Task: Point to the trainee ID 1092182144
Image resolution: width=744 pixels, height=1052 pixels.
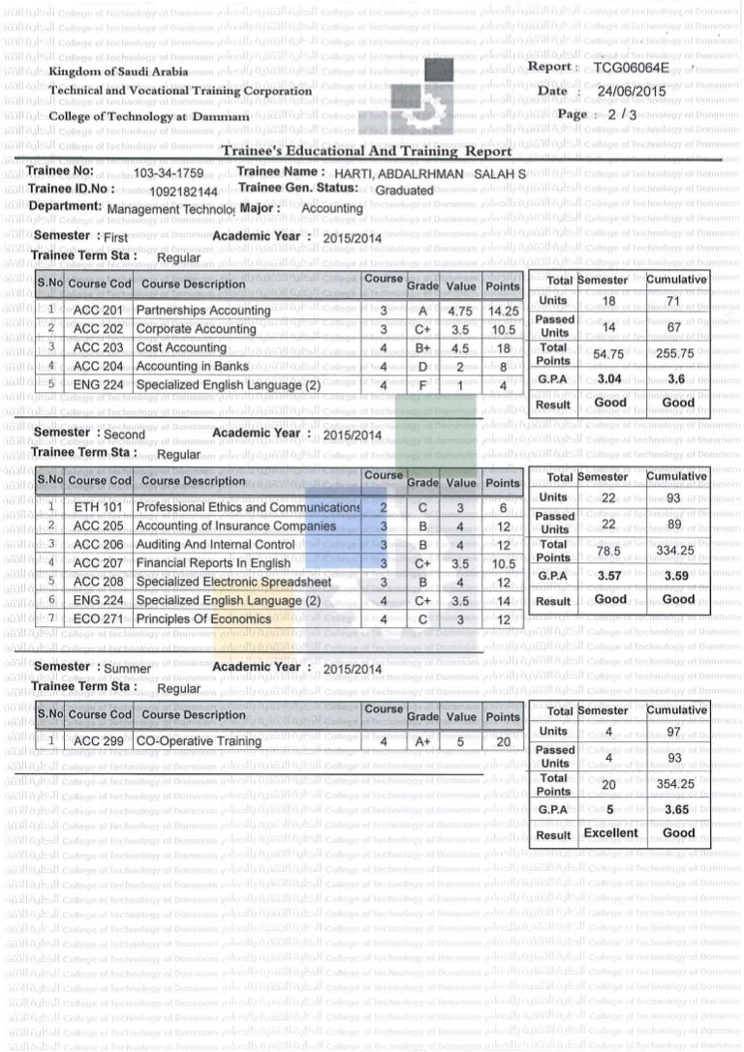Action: [x=184, y=191]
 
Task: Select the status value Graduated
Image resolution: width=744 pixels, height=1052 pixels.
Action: [x=404, y=191]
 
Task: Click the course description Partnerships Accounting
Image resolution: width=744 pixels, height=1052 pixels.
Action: [x=203, y=311]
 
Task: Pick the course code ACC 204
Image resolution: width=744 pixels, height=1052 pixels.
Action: [x=99, y=366]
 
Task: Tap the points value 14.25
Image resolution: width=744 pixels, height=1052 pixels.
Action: [x=503, y=311]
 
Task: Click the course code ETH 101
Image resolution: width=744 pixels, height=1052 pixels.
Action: [x=99, y=507]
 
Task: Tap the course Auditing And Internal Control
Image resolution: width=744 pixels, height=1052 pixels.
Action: [x=215, y=545]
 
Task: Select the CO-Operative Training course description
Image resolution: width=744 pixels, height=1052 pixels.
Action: [x=199, y=741]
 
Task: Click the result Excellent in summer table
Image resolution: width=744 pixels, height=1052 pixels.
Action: [x=610, y=832]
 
